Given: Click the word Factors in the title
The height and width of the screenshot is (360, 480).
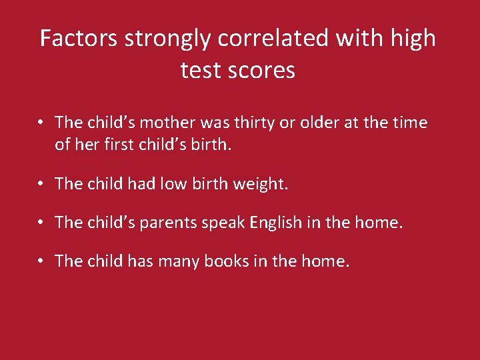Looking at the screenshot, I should pos(79,38).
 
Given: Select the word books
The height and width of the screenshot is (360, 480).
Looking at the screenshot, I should pos(213,261).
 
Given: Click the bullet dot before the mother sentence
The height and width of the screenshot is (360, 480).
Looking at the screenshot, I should pos(41,123).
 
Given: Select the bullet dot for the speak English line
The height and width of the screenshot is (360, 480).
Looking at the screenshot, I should pos(41,223).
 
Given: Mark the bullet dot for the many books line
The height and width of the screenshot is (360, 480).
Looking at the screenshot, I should pos(41,261).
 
